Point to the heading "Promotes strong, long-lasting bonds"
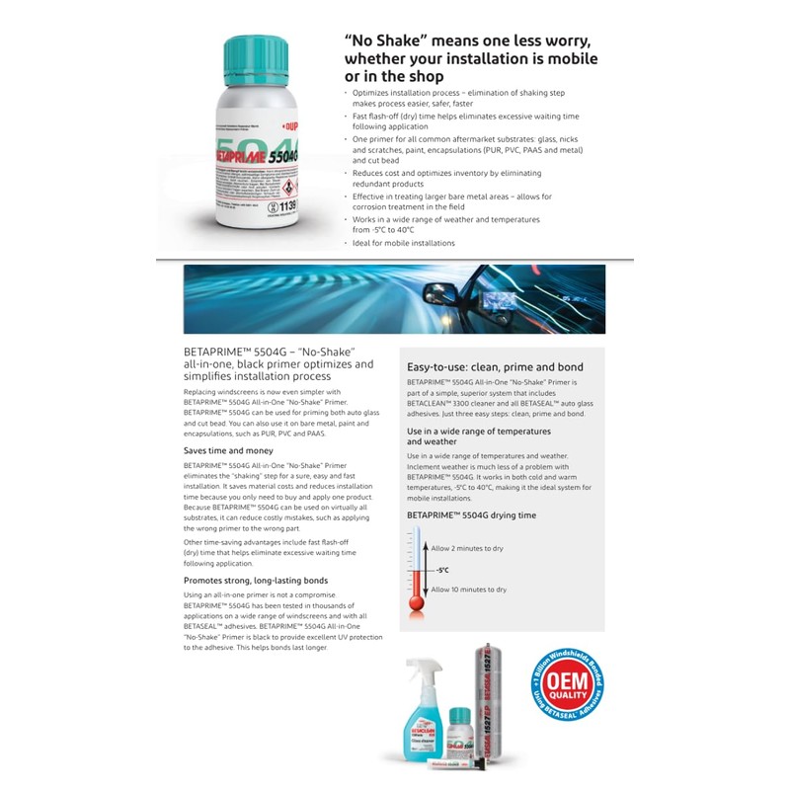(255, 580)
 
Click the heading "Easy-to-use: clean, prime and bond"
(495, 366)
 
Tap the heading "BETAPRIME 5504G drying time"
(471, 515)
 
